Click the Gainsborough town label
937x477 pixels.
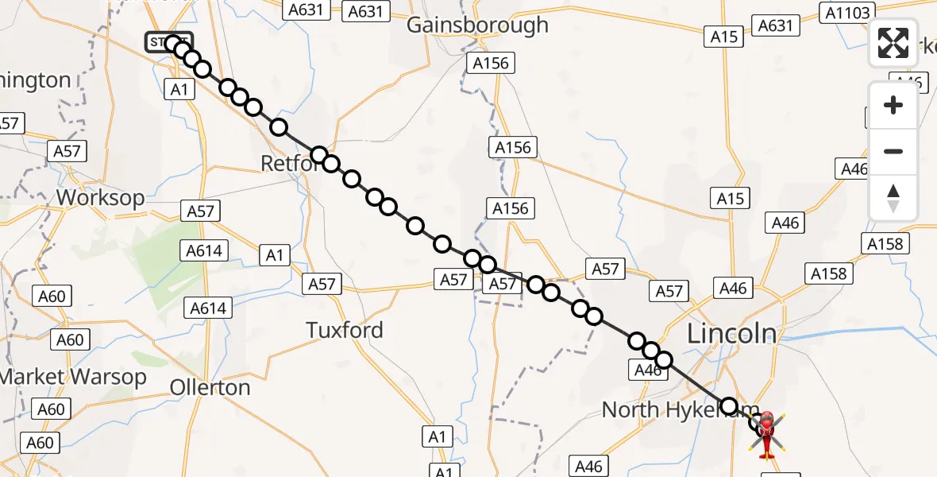pos(477,25)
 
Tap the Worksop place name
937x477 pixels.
pos(100,197)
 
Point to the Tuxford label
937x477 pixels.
pos(345,330)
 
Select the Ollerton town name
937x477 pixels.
pos(210,387)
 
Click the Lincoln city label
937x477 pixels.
pos(731,333)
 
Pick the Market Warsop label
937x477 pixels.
pos(73,377)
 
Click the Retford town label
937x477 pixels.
pos(290,164)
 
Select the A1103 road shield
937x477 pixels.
pos(849,12)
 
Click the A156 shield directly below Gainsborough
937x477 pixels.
pos(490,63)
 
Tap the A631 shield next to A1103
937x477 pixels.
pos(775,25)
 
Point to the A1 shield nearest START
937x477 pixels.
pos(179,90)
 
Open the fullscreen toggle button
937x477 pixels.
pos(893,43)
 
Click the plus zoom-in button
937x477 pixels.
pos(893,105)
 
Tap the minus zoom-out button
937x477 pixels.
pos(893,151)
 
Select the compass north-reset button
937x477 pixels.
pos(893,197)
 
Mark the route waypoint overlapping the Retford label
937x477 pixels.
pos(319,155)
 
